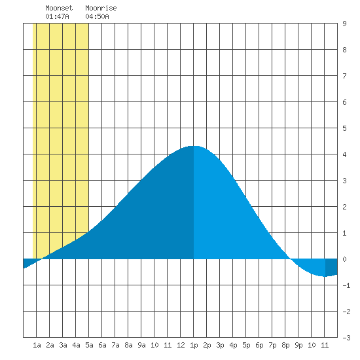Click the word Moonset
(x=59, y=8)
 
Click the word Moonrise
(x=101, y=8)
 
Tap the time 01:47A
(x=57, y=16)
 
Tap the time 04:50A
(x=97, y=16)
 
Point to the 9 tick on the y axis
(x=344, y=24)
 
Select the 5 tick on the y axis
(x=344, y=128)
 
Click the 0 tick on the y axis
(x=344, y=259)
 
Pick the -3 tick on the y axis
(x=346, y=338)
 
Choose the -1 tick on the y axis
(x=346, y=285)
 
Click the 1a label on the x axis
(x=37, y=345)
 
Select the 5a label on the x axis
(x=89, y=345)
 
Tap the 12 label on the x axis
(x=181, y=345)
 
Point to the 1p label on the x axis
(x=194, y=345)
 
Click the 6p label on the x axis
(x=259, y=345)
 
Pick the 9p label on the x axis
(x=298, y=345)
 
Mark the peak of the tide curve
(x=194, y=146)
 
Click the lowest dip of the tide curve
(x=325, y=276)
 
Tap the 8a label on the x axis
(x=128, y=345)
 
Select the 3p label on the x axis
(x=220, y=345)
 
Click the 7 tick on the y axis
(x=344, y=76)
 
